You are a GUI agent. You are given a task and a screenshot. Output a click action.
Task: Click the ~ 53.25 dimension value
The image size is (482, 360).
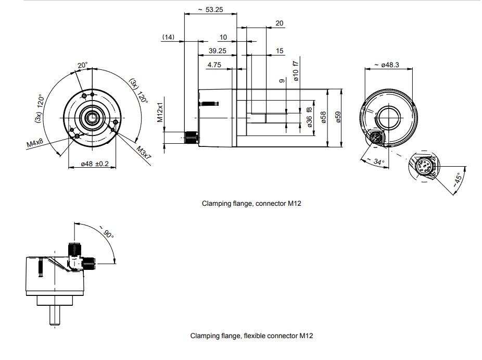[x=210, y=9]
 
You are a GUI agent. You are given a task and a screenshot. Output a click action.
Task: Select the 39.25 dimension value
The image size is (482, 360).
[x=218, y=51]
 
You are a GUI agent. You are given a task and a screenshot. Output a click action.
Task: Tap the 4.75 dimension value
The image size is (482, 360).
[x=214, y=65]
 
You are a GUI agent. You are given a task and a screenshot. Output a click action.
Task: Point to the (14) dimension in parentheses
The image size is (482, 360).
[x=168, y=37]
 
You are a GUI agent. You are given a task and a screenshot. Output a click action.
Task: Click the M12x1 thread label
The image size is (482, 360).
[x=160, y=112]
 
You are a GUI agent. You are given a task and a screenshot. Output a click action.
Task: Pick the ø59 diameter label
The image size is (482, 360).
[x=338, y=117]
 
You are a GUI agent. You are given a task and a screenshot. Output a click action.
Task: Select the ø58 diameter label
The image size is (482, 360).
[x=323, y=117]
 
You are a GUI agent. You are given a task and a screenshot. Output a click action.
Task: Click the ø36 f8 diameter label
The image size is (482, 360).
[x=309, y=117]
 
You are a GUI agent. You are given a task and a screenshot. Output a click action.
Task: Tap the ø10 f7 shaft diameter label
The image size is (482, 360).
[x=296, y=71]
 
